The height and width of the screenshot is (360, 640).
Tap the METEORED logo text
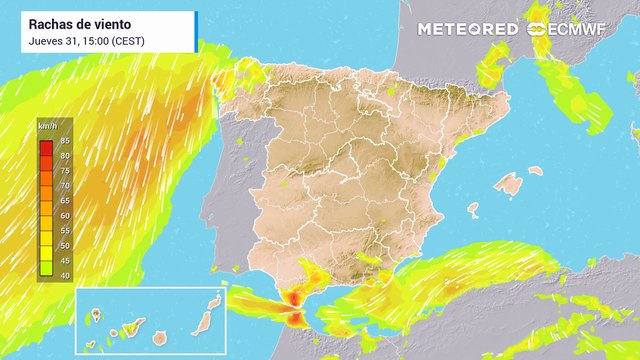pyautogui.click(x=468, y=30)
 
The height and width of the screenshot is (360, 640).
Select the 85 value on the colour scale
pyautogui.click(x=65, y=140)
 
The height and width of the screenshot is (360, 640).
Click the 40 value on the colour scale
pyautogui.click(x=65, y=274)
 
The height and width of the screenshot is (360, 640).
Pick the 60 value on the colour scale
pyautogui.click(x=65, y=215)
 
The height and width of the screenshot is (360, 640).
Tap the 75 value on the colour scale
pyautogui.click(x=65, y=170)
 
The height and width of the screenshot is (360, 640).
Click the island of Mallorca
pyautogui.click(x=509, y=185)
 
